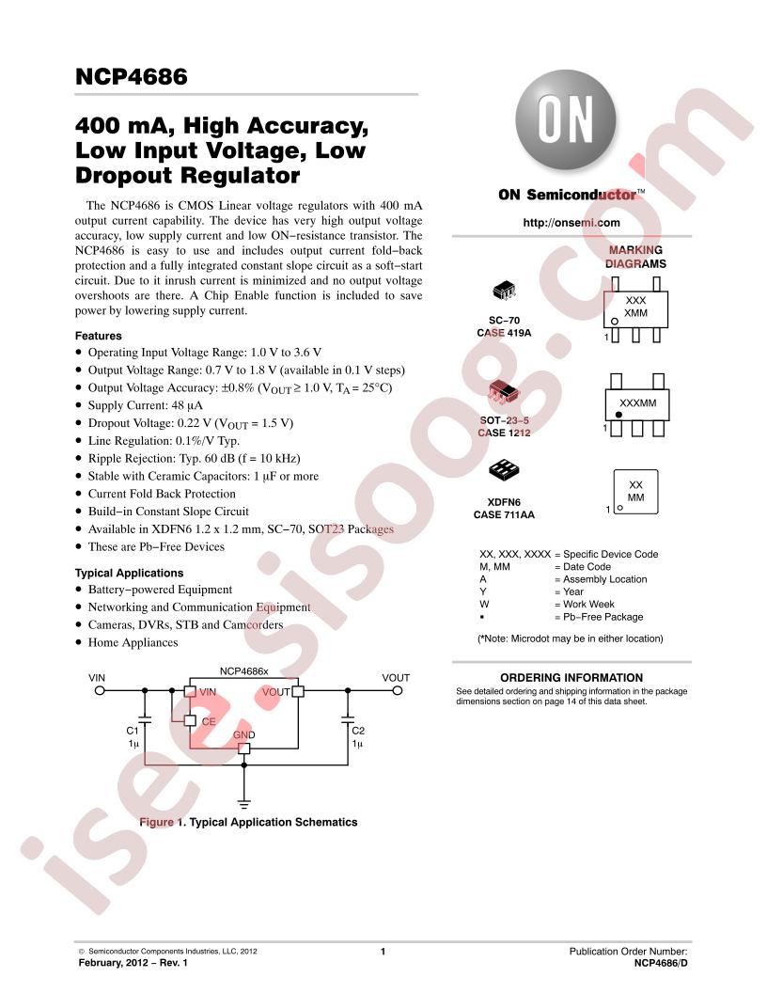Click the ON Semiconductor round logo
tap(565, 119)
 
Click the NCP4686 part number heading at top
tap(131, 76)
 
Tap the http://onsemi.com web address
tap(571, 222)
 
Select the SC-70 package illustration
tap(504, 291)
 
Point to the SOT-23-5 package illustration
tap(504, 393)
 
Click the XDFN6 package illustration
tap(504, 469)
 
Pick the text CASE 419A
tap(504, 333)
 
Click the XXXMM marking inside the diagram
tap(637, 402)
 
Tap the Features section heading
tap(98, 336)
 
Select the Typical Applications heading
tap(129, 573)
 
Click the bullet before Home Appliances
tap(78, 642)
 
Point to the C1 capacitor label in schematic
tap(133, 731)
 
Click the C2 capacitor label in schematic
tap(358, 731)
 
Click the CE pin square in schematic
tap(190, 720)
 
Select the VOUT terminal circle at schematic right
tap(398, 690)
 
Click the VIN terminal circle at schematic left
tap(100, 690)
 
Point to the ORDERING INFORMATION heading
tap(571, 678)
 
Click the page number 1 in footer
tap(383, 952)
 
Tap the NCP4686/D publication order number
tap(661, 963)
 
